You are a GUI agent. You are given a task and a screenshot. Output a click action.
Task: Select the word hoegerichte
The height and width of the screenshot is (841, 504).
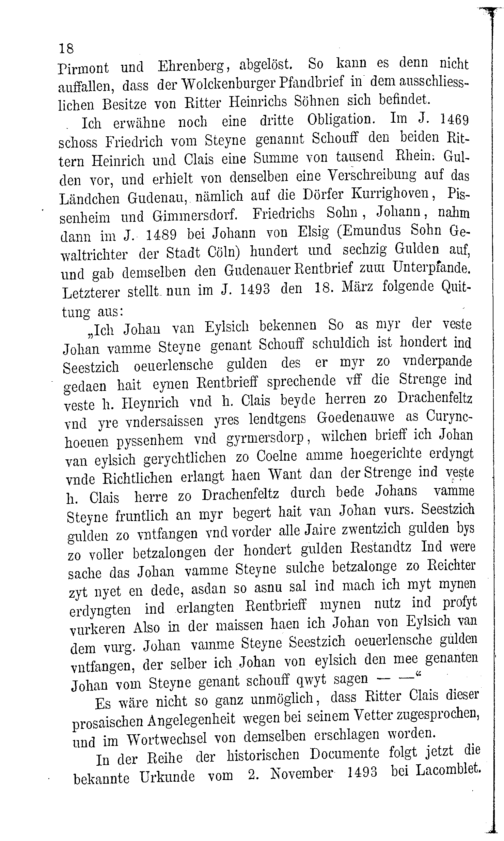click(x=386, y=454)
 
